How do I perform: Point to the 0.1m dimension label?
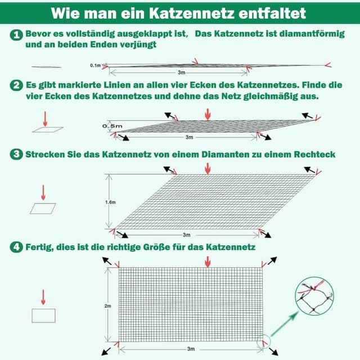[x=95, y=66]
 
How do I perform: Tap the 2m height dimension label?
[x=107, y=307]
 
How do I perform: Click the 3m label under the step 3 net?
[x=186, y=235]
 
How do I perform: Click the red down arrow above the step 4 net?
[x=208, y=262]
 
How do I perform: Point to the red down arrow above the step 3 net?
[x=208, y=168]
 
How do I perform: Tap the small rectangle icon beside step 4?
[x=43, y=315]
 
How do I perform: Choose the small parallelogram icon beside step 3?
[x=43, y=208]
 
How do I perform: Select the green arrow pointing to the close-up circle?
[x=285, y=325]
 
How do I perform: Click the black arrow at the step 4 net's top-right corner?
[x=272, y=261]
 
